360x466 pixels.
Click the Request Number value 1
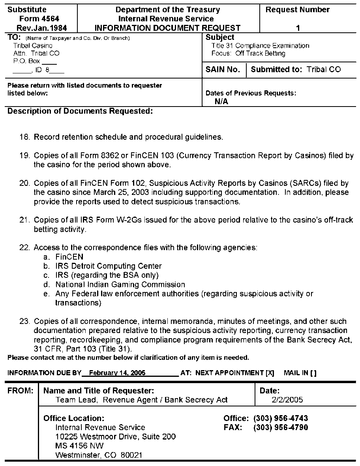click(298, 28)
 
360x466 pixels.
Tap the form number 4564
click(51, 19)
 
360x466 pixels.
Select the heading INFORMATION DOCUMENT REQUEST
click(167, 28)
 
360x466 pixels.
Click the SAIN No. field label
click(223, 69)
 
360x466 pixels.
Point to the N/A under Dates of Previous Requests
click(221, 101)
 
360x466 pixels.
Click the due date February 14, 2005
click(117, 373)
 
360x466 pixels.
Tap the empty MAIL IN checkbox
click(313, 373)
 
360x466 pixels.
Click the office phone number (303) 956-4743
click(281, 418)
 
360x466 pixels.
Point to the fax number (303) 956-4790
click(281, 427)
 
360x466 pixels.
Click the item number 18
click(24, 137)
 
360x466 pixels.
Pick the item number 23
click(24, 321)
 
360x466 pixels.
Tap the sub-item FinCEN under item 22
click(69, 257)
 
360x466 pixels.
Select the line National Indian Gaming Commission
click(120, 284)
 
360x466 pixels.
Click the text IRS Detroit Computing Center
click(109, 266)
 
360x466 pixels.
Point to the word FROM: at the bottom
click(21, 391)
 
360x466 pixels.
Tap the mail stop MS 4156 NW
click(80, 446)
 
